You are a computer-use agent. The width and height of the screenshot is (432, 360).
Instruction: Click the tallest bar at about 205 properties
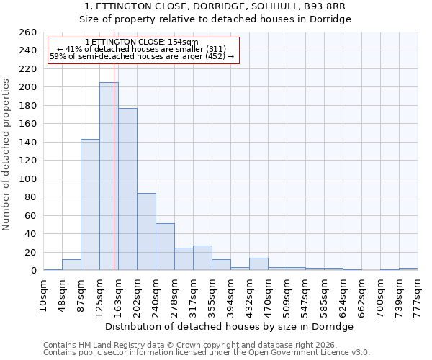[x=109, y=176]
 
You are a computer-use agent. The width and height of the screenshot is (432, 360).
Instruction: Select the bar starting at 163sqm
[x=127, y=189]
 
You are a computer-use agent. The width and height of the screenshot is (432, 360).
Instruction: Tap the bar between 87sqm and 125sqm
[x=90, y=204]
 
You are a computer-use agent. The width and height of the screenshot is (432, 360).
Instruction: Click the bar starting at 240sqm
[x=165, y=247]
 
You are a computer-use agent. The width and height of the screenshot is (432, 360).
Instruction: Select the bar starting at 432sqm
[x=258, y=264]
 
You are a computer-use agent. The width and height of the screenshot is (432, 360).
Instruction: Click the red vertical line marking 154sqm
[x=114, y=180]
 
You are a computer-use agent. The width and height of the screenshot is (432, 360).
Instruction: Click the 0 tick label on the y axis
[x=33, y=271]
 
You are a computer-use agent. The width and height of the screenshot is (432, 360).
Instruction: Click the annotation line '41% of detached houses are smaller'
[x=142, y=49]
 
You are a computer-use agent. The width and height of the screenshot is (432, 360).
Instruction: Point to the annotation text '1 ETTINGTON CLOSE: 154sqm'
[x=141, y=42]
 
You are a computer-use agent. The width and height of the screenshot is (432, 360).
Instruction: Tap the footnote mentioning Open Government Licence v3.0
[x=207, y=353]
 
